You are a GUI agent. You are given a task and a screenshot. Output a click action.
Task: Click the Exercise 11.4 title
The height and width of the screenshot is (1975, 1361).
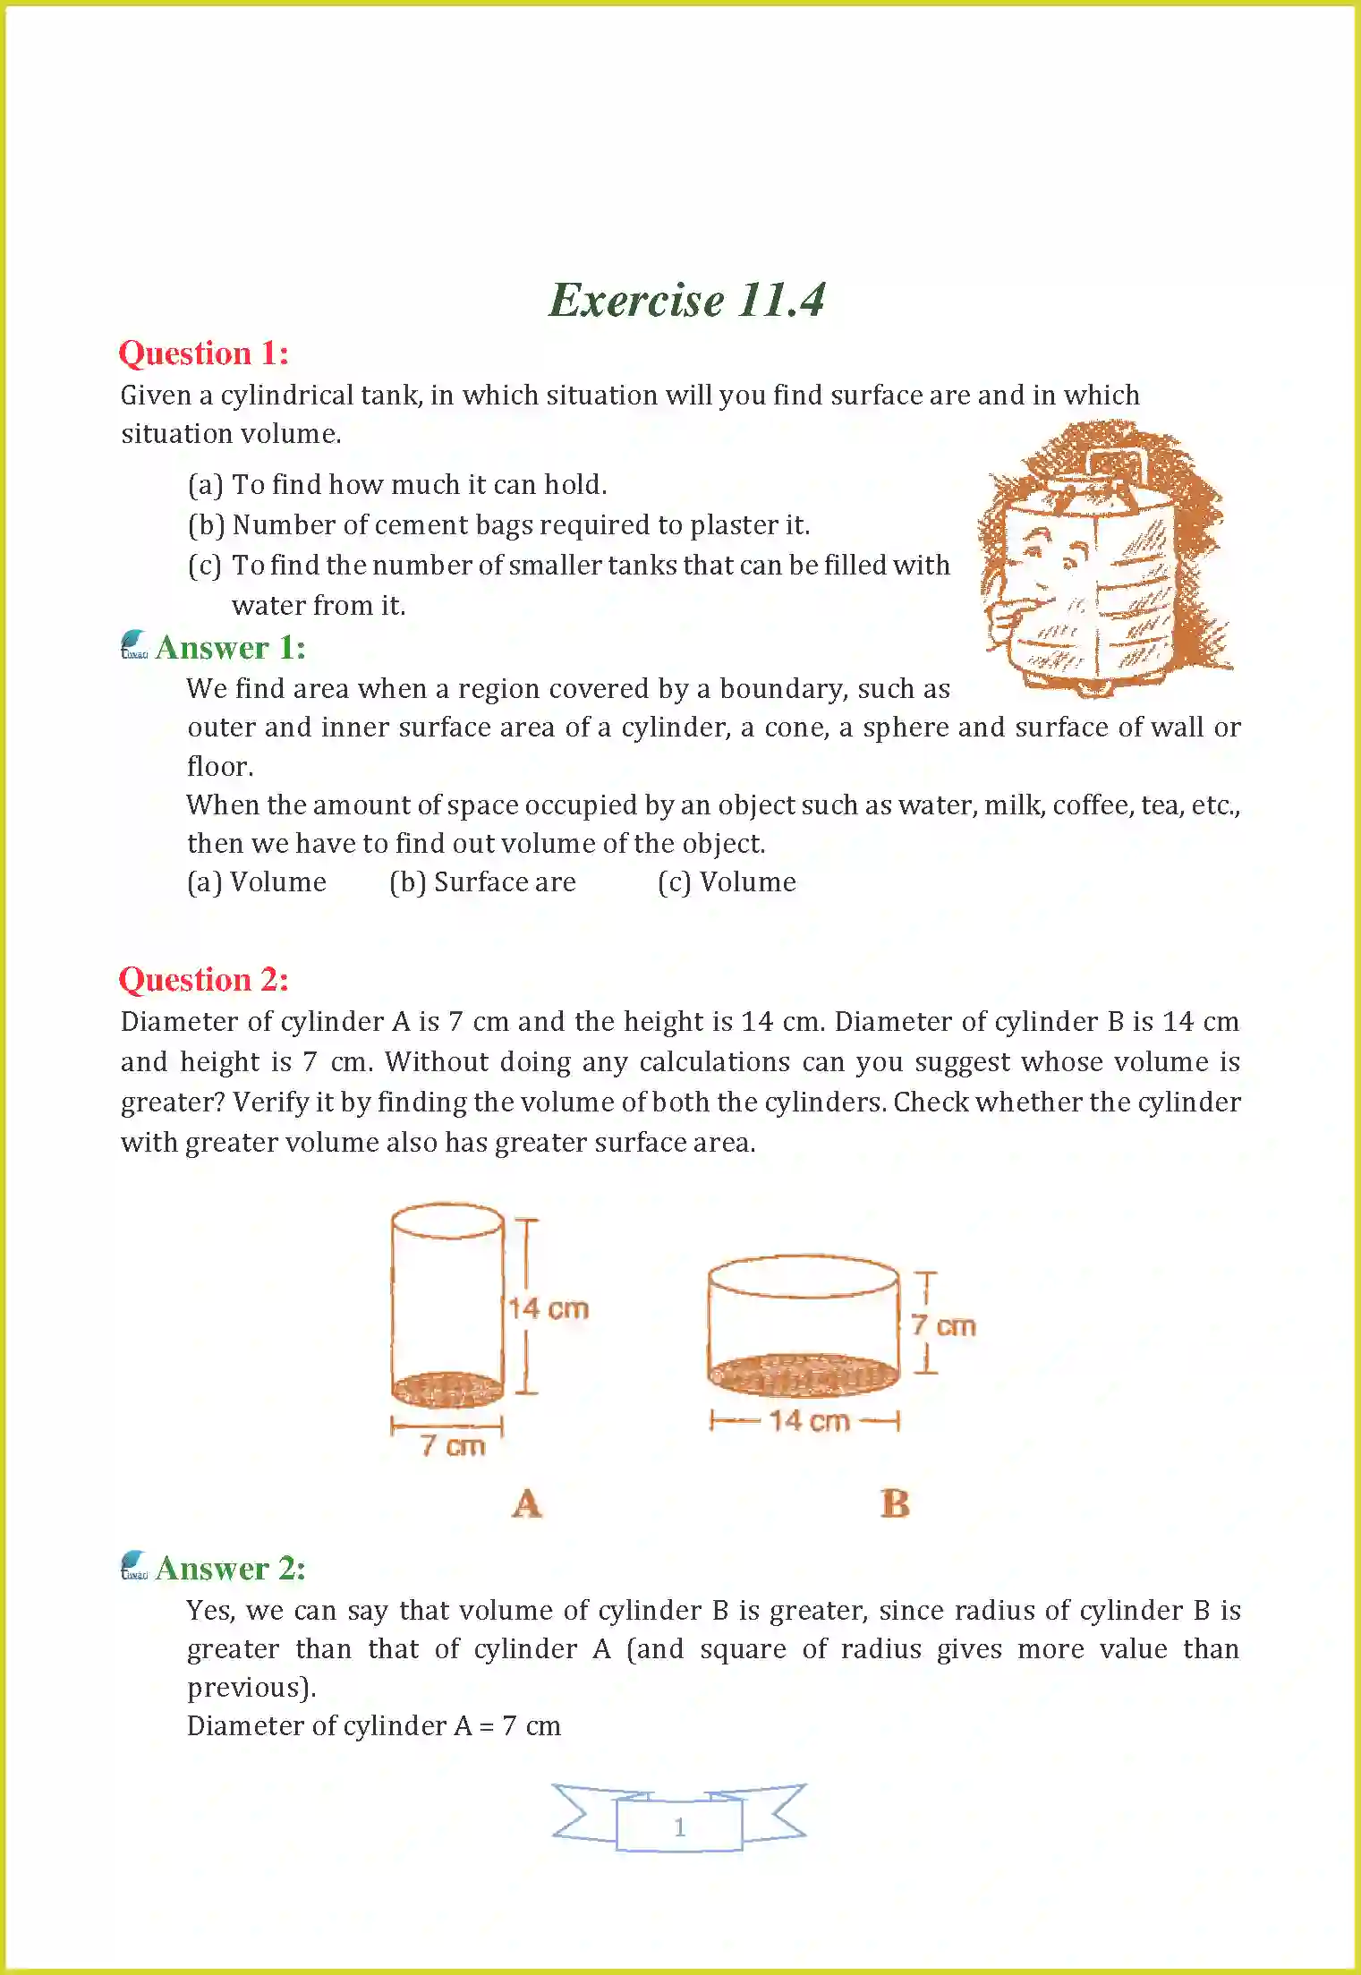coord(686,300)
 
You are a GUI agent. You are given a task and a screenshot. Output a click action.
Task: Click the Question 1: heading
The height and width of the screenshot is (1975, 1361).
coord(204,353)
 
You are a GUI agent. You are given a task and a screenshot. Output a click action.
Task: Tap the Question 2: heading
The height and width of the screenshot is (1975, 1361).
coord(204,979)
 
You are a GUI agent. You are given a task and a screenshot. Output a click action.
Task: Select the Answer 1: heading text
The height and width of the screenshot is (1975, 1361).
coord(230,647)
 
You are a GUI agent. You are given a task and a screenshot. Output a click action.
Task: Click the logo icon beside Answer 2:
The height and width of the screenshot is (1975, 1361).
coord(134,1565)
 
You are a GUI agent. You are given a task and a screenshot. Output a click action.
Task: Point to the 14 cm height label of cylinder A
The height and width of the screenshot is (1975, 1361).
coord(549,1308)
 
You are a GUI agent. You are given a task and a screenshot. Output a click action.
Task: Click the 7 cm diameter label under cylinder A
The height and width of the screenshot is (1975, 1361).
coord(453,1445)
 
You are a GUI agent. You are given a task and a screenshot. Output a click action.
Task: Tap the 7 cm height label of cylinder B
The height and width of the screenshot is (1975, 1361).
coord(943,1325)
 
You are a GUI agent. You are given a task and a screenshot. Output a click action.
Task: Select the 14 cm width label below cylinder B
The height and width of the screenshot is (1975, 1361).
coord(809,1420)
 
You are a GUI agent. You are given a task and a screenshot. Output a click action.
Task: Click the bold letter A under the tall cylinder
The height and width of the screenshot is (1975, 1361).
coord(527,1503)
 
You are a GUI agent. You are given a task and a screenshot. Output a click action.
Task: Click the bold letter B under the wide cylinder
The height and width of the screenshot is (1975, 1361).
coord(895,1503)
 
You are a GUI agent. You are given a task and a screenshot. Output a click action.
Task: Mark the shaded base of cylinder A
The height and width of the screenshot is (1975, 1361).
coord(447,1388)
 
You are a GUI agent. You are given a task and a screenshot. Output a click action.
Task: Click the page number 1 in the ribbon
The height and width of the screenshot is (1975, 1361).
coord(679,1826)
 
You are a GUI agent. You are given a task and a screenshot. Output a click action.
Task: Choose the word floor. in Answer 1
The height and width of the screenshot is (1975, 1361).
coord(220,767)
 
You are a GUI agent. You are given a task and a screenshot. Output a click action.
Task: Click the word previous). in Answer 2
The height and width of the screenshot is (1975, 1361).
coord(251,1688)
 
